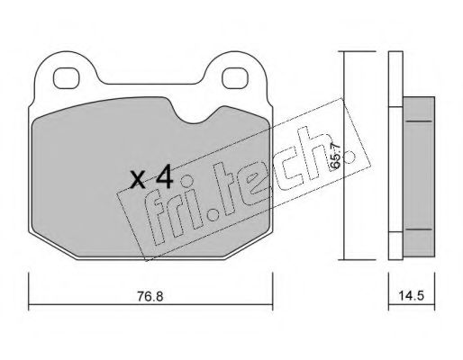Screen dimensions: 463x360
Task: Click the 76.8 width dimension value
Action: coord(150,296)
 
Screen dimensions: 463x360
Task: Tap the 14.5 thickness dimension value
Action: coord(411,296)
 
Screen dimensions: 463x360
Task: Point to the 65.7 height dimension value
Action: coord(335,156)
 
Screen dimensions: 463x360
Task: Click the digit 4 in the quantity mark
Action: coord(164,176)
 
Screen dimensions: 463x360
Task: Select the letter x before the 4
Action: coord(139,180)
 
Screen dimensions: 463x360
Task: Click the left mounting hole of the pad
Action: coord(66,78)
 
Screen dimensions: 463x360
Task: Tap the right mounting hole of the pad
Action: coord(235,78)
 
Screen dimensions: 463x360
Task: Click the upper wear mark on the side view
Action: coord(419,121)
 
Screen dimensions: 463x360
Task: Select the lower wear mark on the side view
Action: coord(419,229)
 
